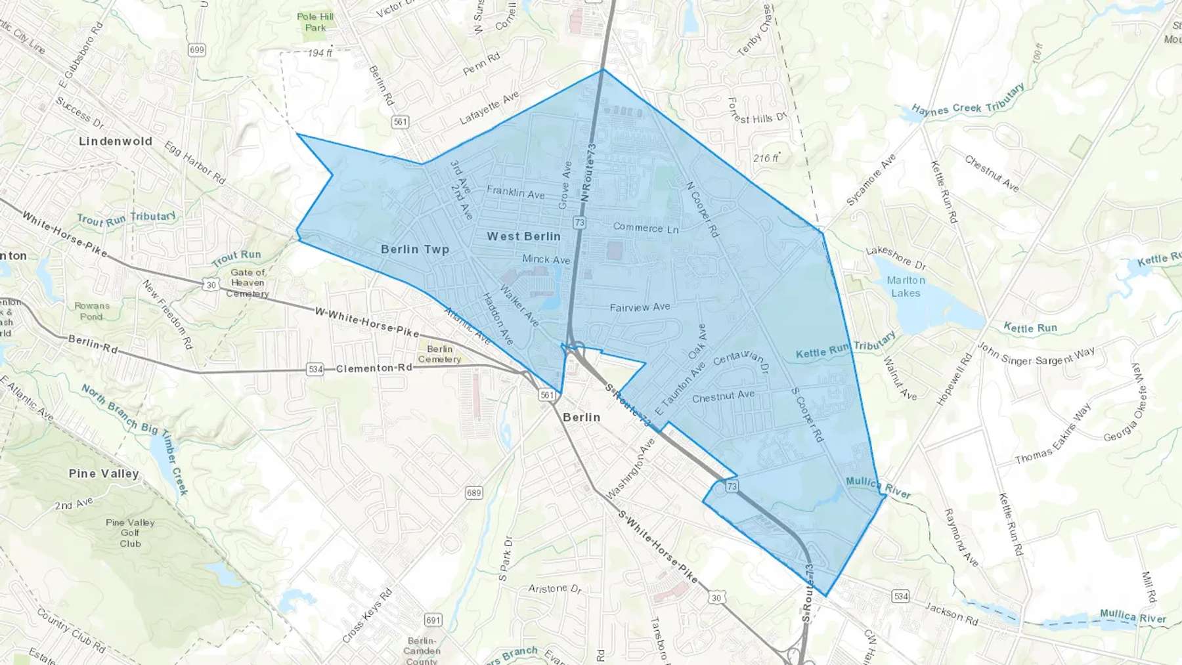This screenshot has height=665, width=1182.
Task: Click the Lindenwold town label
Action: click(116, 141)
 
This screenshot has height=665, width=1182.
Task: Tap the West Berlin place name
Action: click(524, 236)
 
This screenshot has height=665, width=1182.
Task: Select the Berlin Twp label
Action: click(415, 249)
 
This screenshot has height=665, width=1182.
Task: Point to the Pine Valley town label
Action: click(104, 473)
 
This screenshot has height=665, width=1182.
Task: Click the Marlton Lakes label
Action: click(906, 287)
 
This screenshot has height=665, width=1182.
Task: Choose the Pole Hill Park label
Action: click(315, 22)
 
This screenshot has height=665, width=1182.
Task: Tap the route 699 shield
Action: click(196, 50)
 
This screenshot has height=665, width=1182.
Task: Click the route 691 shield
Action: click(433, 620)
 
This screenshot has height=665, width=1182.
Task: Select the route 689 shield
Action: click(473, 493)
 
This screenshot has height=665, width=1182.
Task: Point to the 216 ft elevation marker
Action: click(766, 158)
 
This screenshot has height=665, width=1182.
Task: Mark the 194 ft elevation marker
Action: click(320, 53)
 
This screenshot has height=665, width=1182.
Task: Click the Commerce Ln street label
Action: click(646, 228)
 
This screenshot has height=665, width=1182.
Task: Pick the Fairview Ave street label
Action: click(640, 307)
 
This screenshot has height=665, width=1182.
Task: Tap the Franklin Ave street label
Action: click(515, 192)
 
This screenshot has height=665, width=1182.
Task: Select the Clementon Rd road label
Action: click(374, 368)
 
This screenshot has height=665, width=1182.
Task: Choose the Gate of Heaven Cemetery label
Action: click(248, 283)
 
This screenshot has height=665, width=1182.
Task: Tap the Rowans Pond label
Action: click(92, 311)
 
